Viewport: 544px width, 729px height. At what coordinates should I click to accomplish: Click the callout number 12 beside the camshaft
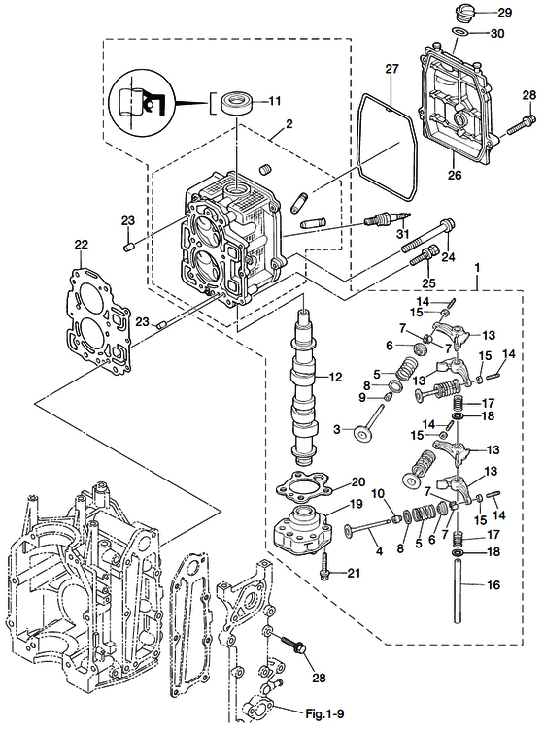point(337,377)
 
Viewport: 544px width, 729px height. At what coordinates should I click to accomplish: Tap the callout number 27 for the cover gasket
point(391,70)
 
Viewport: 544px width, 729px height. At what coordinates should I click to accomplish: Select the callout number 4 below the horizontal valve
point(379,550)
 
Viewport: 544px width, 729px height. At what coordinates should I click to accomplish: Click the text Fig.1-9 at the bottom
point(324,716)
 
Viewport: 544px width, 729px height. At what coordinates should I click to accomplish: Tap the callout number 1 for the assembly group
point(476,265)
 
